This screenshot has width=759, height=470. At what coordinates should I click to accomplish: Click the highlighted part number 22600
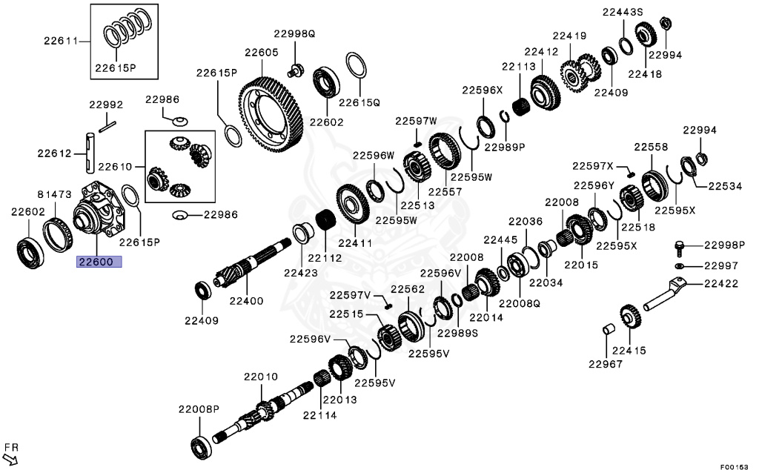point(96,261)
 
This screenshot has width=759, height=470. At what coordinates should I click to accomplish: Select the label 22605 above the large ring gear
point(261,53)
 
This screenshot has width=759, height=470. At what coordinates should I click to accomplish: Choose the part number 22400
point(246,300)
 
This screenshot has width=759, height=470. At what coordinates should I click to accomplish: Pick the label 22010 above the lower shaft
point(260,377)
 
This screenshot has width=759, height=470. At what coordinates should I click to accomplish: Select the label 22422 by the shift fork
point(721,282)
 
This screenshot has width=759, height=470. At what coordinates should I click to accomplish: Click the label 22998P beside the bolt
point(724,245)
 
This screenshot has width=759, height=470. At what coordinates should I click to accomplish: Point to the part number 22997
point(721,265)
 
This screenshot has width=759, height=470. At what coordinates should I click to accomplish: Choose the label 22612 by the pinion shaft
point(55,153)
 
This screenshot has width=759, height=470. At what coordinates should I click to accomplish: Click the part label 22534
point(724,186)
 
